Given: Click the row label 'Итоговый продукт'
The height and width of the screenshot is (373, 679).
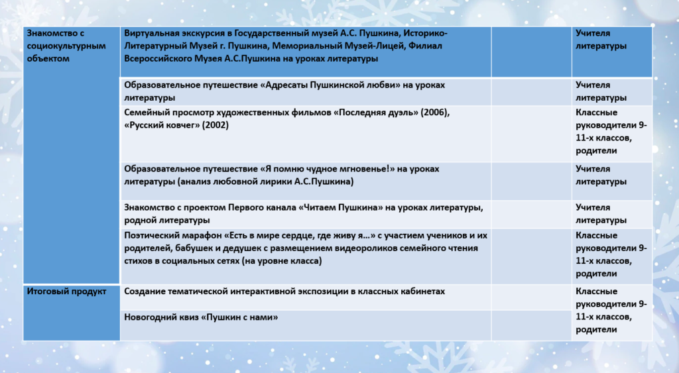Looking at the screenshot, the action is coord(66,292).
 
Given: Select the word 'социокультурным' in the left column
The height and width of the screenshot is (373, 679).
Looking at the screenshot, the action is coord(66,46).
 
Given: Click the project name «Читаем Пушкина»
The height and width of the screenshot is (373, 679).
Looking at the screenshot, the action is coord(341,207).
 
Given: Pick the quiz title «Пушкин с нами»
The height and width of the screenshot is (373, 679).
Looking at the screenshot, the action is coord(239,317).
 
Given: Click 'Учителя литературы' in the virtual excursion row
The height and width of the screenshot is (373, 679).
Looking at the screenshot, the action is coord(601,39).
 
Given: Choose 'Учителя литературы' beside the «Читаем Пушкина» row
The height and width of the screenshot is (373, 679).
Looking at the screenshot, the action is coord(601,214).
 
